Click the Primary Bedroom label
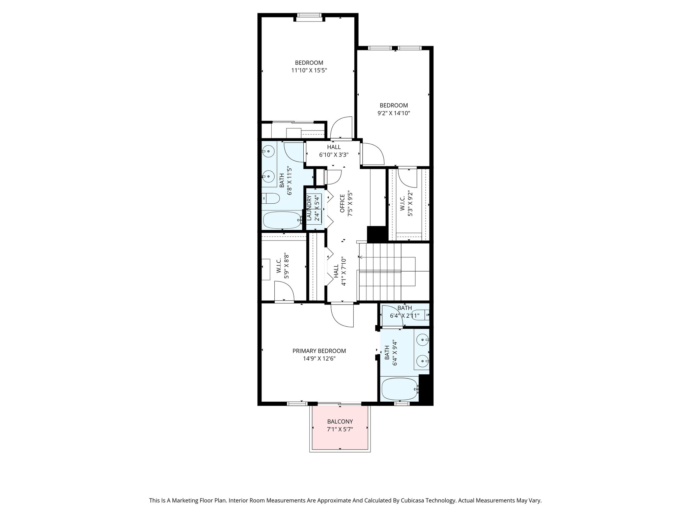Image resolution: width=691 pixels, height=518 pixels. click(x=319, y=351)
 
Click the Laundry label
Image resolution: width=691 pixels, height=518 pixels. click(x=309, y=208)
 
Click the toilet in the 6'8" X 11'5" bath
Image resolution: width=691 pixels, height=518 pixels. click(x=271, y=198)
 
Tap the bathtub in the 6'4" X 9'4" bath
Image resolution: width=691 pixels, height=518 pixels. click(x=399, y=389)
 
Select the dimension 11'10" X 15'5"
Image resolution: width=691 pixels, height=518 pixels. click(x=309, y=70)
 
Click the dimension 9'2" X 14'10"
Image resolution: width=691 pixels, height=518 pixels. click(x=393, y=113)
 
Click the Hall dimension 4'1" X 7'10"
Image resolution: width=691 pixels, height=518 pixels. click(x=344, y=271)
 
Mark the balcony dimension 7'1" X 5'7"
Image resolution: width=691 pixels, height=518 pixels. click(x=340, y=429)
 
